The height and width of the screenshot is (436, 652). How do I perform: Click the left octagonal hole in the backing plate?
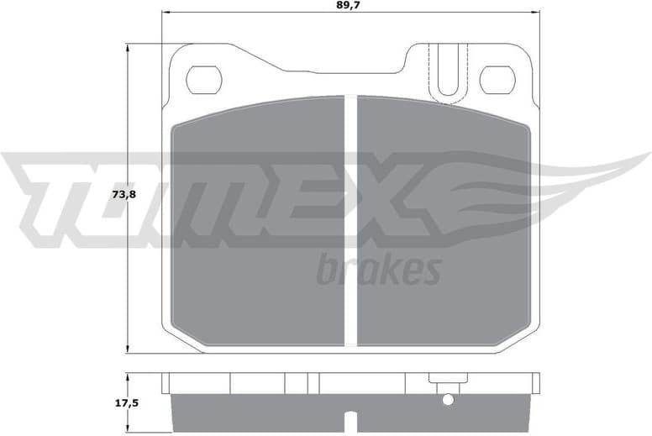coord(203,80)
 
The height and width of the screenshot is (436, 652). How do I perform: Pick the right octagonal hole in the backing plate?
coord(497,80)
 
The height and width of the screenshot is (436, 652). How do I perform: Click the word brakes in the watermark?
coord(379,270)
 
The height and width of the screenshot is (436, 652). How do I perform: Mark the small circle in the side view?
coord(448,399)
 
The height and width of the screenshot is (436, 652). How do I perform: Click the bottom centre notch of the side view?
coord(350,417)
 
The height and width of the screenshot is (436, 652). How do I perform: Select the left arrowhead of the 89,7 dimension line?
coord(166,13)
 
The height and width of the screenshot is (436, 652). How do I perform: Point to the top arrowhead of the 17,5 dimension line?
coord(128,376)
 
